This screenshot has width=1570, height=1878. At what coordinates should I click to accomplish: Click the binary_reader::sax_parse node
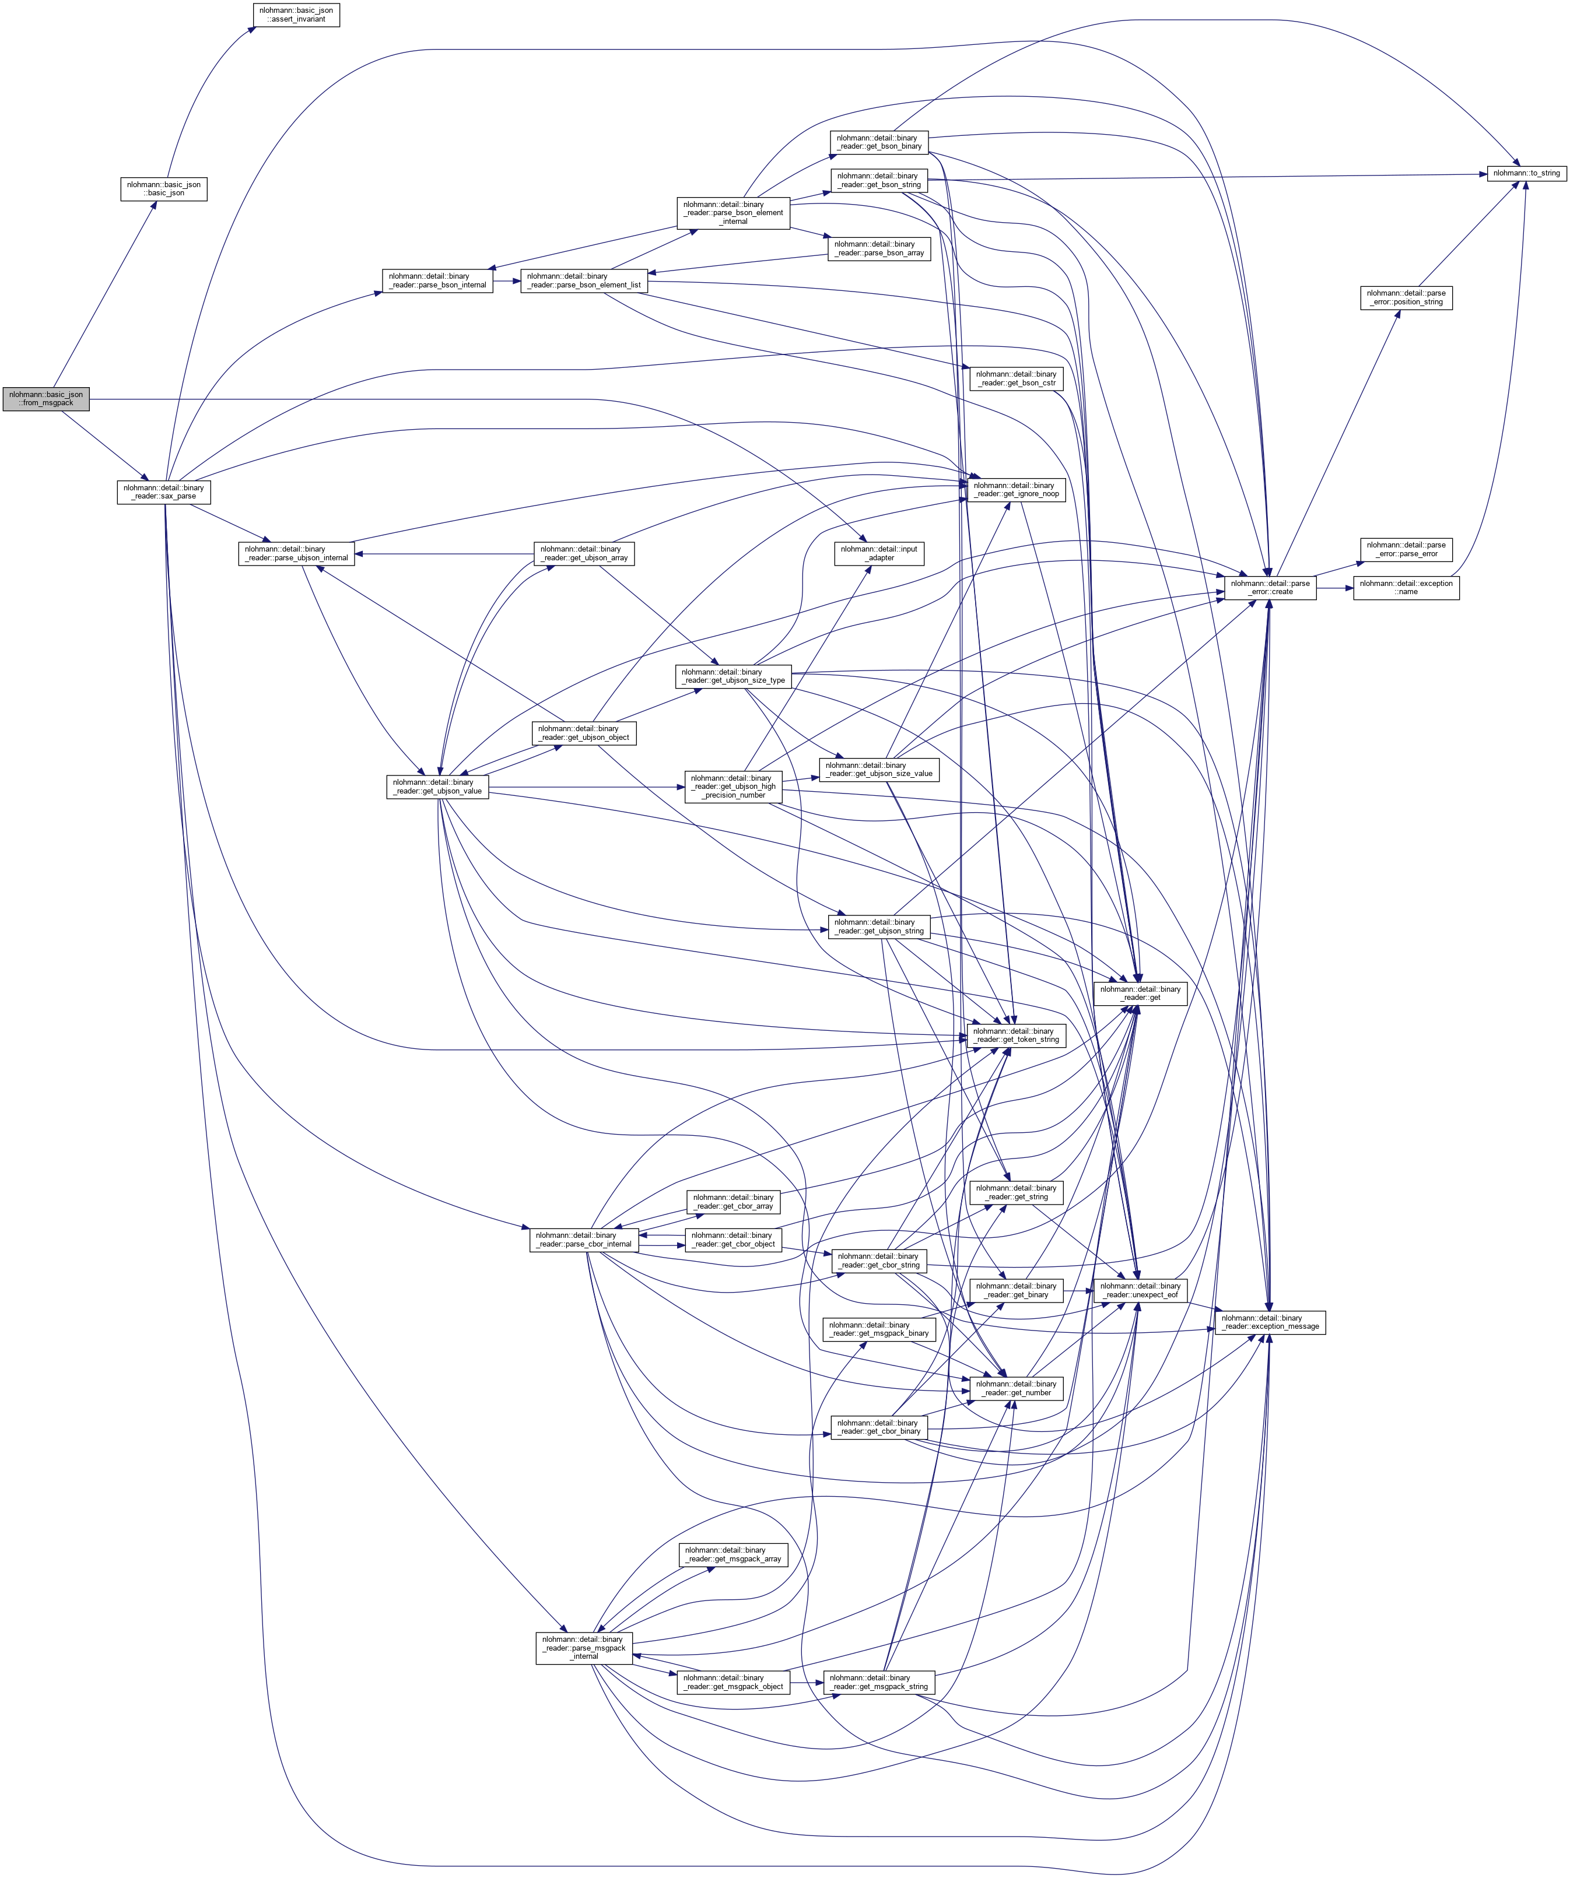(164, 492)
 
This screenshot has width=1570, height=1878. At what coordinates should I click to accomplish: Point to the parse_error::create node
(1270, 588)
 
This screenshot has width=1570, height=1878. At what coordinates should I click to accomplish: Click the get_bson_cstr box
(1015, 378)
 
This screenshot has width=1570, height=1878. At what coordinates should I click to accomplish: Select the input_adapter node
(879, 553)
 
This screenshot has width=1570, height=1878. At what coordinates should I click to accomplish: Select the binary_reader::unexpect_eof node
(1139, 1290)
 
